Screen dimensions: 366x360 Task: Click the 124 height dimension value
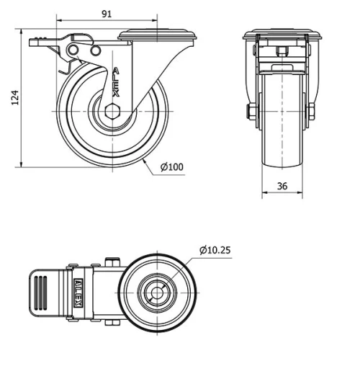[14, 98]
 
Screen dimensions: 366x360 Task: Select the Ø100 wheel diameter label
[172, 167]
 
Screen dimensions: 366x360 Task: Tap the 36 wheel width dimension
[282, 186]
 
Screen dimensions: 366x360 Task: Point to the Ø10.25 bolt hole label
[215, 250]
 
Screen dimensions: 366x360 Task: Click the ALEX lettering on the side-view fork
[116, 83]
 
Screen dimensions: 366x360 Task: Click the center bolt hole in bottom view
[156, 293]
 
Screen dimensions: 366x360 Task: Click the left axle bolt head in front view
[249, 112]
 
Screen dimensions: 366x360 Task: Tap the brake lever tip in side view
[36, 41]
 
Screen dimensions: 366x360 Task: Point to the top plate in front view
[282, 35]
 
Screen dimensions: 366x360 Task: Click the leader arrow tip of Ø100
[147, 161]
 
